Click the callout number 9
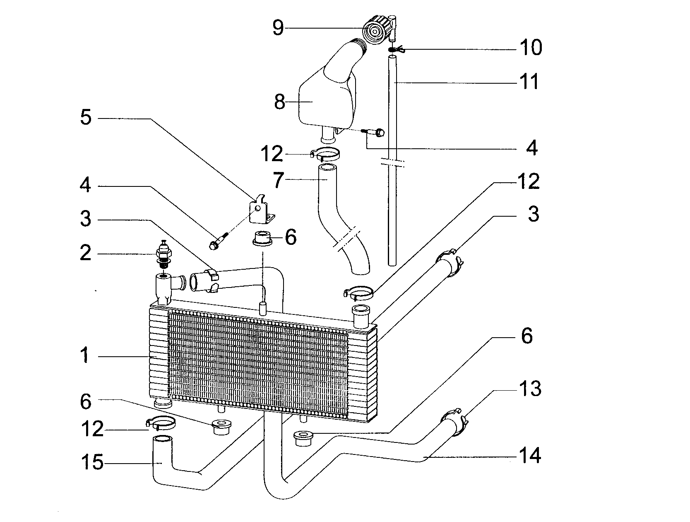pyautogui.click(x=278, y=28)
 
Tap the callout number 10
pyautogui.click(x=531, y=48)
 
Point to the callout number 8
pyautogui.click(x=279, y=101)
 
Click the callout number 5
pyautogui.click(x=86, y=117)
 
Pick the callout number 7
pyautogui.click(x=278, y=180)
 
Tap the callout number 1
pyautogui.click(x=85, y=355)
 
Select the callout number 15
pyautogui.click(x=92, y=462)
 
